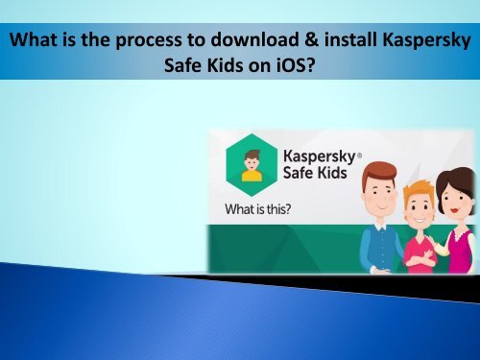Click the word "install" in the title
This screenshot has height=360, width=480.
tap(350, 39)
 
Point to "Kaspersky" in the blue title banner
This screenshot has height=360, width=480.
tap(426, 41)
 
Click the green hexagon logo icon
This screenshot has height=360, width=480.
tap(252, 165)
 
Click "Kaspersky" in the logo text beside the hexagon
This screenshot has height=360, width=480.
tap(319, 156)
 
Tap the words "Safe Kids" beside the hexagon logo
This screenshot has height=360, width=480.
tap(315, 173)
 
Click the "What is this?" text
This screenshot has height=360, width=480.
tap(258, 209)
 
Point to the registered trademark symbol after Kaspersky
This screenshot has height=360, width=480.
tap(359, 156)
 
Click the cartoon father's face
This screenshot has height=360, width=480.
tap(382, 194)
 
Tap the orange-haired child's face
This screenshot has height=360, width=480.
tap(418, 208)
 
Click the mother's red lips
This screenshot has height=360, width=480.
tap(454, 210)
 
